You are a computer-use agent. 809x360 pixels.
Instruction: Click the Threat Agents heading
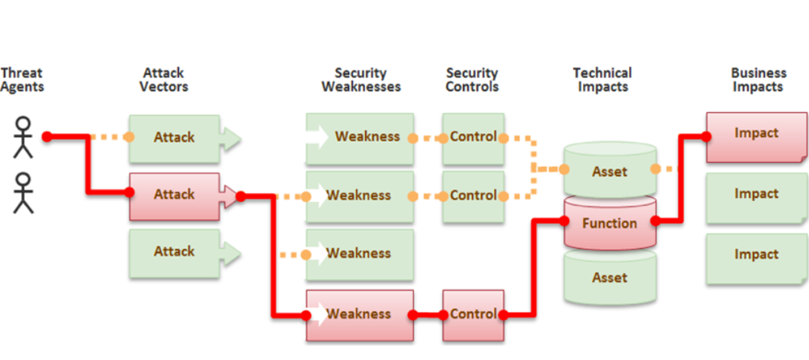(22, 80)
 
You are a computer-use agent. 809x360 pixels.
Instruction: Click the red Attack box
(174, 195)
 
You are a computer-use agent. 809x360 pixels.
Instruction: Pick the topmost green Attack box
(174, 137)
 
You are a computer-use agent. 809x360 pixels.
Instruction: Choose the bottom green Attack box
(174, 251)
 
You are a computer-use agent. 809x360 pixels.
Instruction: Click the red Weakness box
(359, 315)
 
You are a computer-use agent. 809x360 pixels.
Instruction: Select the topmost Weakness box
(359, 136)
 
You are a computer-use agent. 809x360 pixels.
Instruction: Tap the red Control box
(473, 315)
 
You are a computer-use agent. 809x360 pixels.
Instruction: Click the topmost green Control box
(473, 136)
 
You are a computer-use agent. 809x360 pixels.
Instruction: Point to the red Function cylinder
(609, 224)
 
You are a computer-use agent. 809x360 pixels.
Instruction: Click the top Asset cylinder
(609, 171)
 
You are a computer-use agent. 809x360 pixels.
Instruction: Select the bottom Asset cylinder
(609, 278)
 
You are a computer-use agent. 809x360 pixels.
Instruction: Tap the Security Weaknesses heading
(361, 80)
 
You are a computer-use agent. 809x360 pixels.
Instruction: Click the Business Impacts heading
(758, 80)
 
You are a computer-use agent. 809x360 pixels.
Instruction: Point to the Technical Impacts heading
(602, 80)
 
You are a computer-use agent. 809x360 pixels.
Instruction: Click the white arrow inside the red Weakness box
(317, 315)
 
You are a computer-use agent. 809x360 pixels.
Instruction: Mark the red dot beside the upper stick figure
(46, 137)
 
